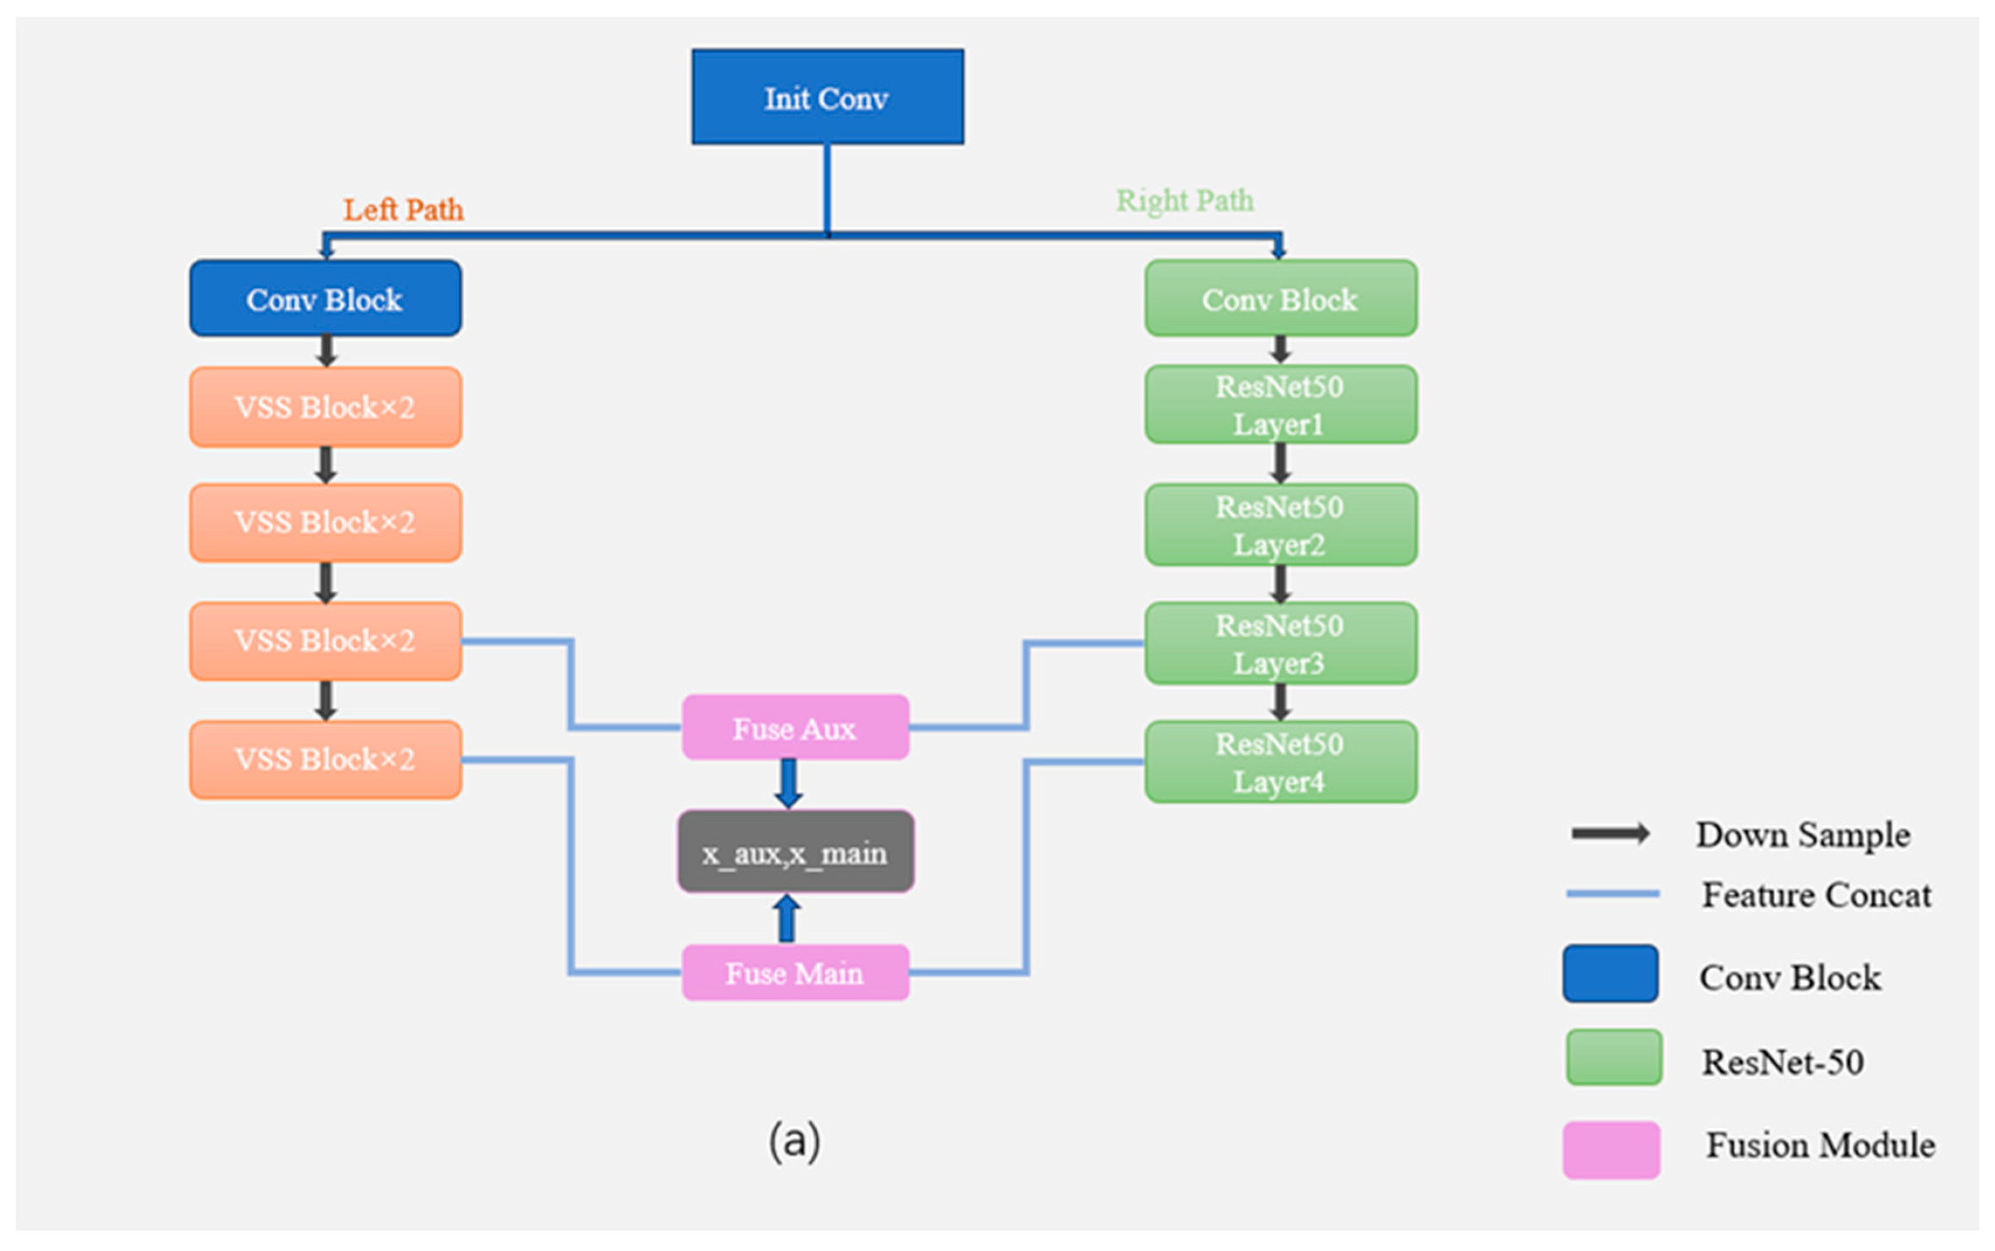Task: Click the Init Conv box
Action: [827, 97]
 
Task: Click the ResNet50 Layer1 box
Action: [1280, 405]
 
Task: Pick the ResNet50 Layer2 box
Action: [1280, 525]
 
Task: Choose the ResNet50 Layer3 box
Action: [1280, 643]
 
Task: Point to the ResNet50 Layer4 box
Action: [1280, 761]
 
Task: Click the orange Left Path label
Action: [403, 209]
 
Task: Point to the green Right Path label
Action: [1185, 200]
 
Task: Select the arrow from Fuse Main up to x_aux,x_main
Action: [786, 918]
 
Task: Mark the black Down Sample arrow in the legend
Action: [1610, 833]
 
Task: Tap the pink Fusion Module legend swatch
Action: [1611, 1149]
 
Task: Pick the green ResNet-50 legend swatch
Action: [1614, 1057]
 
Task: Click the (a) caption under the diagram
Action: [795, 1141]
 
